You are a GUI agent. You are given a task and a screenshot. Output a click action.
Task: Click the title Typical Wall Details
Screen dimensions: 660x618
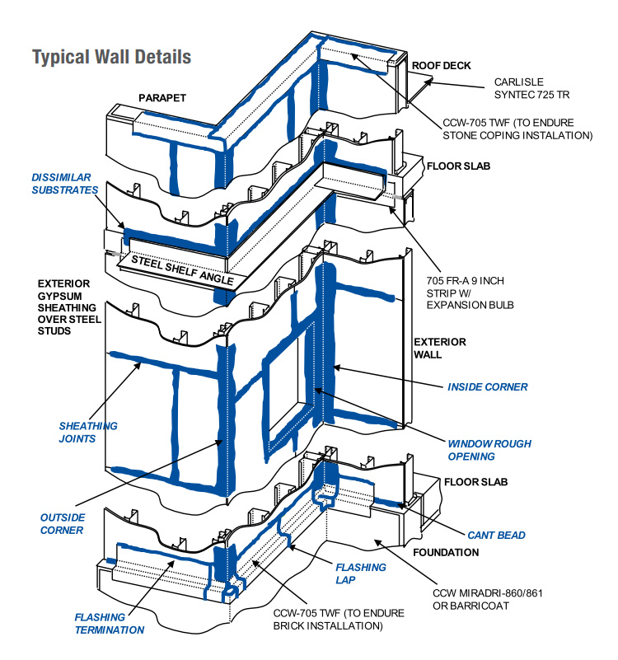(x=111, y=57)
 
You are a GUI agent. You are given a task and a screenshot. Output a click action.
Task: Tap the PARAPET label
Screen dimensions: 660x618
(x=162, y=98)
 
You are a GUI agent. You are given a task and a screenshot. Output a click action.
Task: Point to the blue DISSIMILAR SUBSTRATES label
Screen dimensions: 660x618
(x=64, y=184)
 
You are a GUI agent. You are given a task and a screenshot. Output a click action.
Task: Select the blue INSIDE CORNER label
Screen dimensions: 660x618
(x=487, y=386)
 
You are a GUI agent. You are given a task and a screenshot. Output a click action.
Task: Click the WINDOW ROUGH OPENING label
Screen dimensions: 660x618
(x=489, y=450)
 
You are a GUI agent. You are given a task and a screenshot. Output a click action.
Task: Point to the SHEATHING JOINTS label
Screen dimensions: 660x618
(x=88, y=433)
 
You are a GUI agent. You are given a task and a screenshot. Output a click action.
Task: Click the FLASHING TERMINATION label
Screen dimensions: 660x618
(x=110, y=623)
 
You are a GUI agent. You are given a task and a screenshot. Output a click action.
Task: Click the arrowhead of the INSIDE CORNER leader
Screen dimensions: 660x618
(x=335, y=368)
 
